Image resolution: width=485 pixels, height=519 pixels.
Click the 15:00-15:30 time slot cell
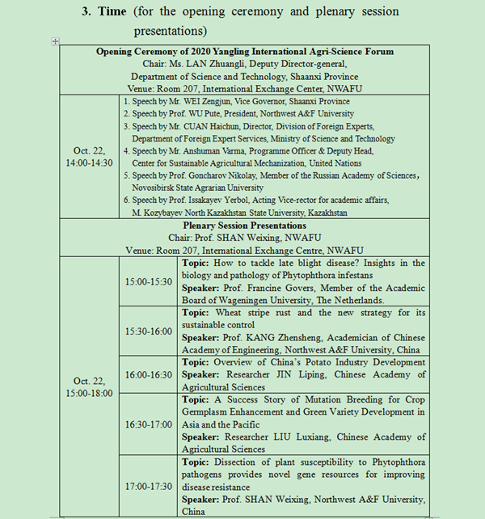tap(148, 281)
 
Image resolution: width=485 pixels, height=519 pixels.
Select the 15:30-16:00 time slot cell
tap(148, 331)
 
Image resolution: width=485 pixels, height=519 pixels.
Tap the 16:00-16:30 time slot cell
tap(148, 374)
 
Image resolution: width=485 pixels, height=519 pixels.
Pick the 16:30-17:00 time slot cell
tap(148, 424)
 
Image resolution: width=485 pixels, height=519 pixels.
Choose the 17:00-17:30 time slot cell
tap(148, 487)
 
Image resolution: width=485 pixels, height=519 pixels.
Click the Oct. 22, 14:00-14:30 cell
tap(88, 156)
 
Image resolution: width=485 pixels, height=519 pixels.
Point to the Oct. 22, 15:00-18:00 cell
tap(88, 386)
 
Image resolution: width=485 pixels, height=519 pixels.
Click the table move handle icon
tap(56, 41)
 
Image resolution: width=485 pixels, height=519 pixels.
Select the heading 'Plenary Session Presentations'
tap(245, 226)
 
